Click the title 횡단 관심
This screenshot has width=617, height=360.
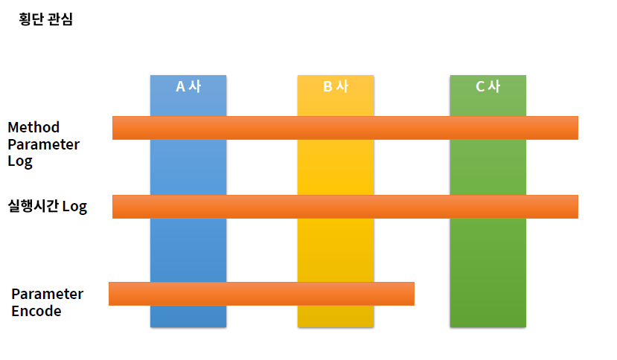(x=46, y=19)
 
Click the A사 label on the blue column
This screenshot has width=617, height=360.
(x=188, y=86)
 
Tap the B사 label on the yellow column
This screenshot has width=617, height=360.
(x=336, y=86)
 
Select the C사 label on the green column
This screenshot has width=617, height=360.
(x=487, y=86)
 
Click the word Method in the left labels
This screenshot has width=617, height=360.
(x=33, y=127)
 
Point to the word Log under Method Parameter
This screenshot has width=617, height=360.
(x=20, y=161)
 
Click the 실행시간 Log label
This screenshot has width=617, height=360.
(x=48, y=207)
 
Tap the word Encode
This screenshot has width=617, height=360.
(x=36, y=311)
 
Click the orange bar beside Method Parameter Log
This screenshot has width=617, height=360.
(x=345, y=128)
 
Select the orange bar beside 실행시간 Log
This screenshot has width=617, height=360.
(x=345, y=207)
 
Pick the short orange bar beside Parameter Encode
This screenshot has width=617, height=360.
(x=261, y=294)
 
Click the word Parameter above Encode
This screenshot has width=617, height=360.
(x=48, y=294)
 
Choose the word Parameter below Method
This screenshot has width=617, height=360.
(x=43, y=144)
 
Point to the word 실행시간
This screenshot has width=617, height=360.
(x=33, y=207)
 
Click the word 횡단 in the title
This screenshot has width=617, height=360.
(x=33, y=19)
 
